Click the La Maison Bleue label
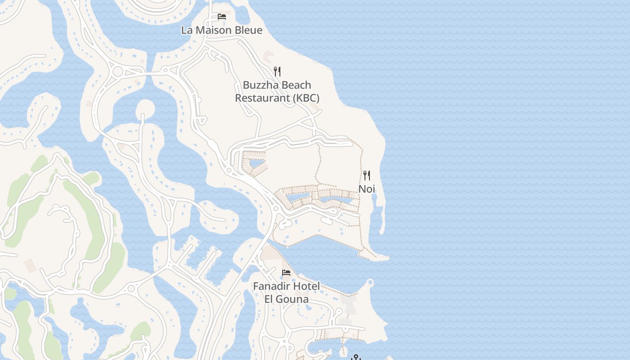[221, 30]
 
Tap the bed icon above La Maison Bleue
[222, 17]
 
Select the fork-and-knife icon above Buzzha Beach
[277, 71]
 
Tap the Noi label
[367, 189]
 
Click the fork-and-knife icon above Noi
[367, 175]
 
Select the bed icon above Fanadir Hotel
[286, 272]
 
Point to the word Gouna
[292, 299]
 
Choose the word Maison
[212, 30]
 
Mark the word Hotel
[306, 286]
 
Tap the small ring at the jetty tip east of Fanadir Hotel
[370, 283]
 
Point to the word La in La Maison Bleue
[186, 30]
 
